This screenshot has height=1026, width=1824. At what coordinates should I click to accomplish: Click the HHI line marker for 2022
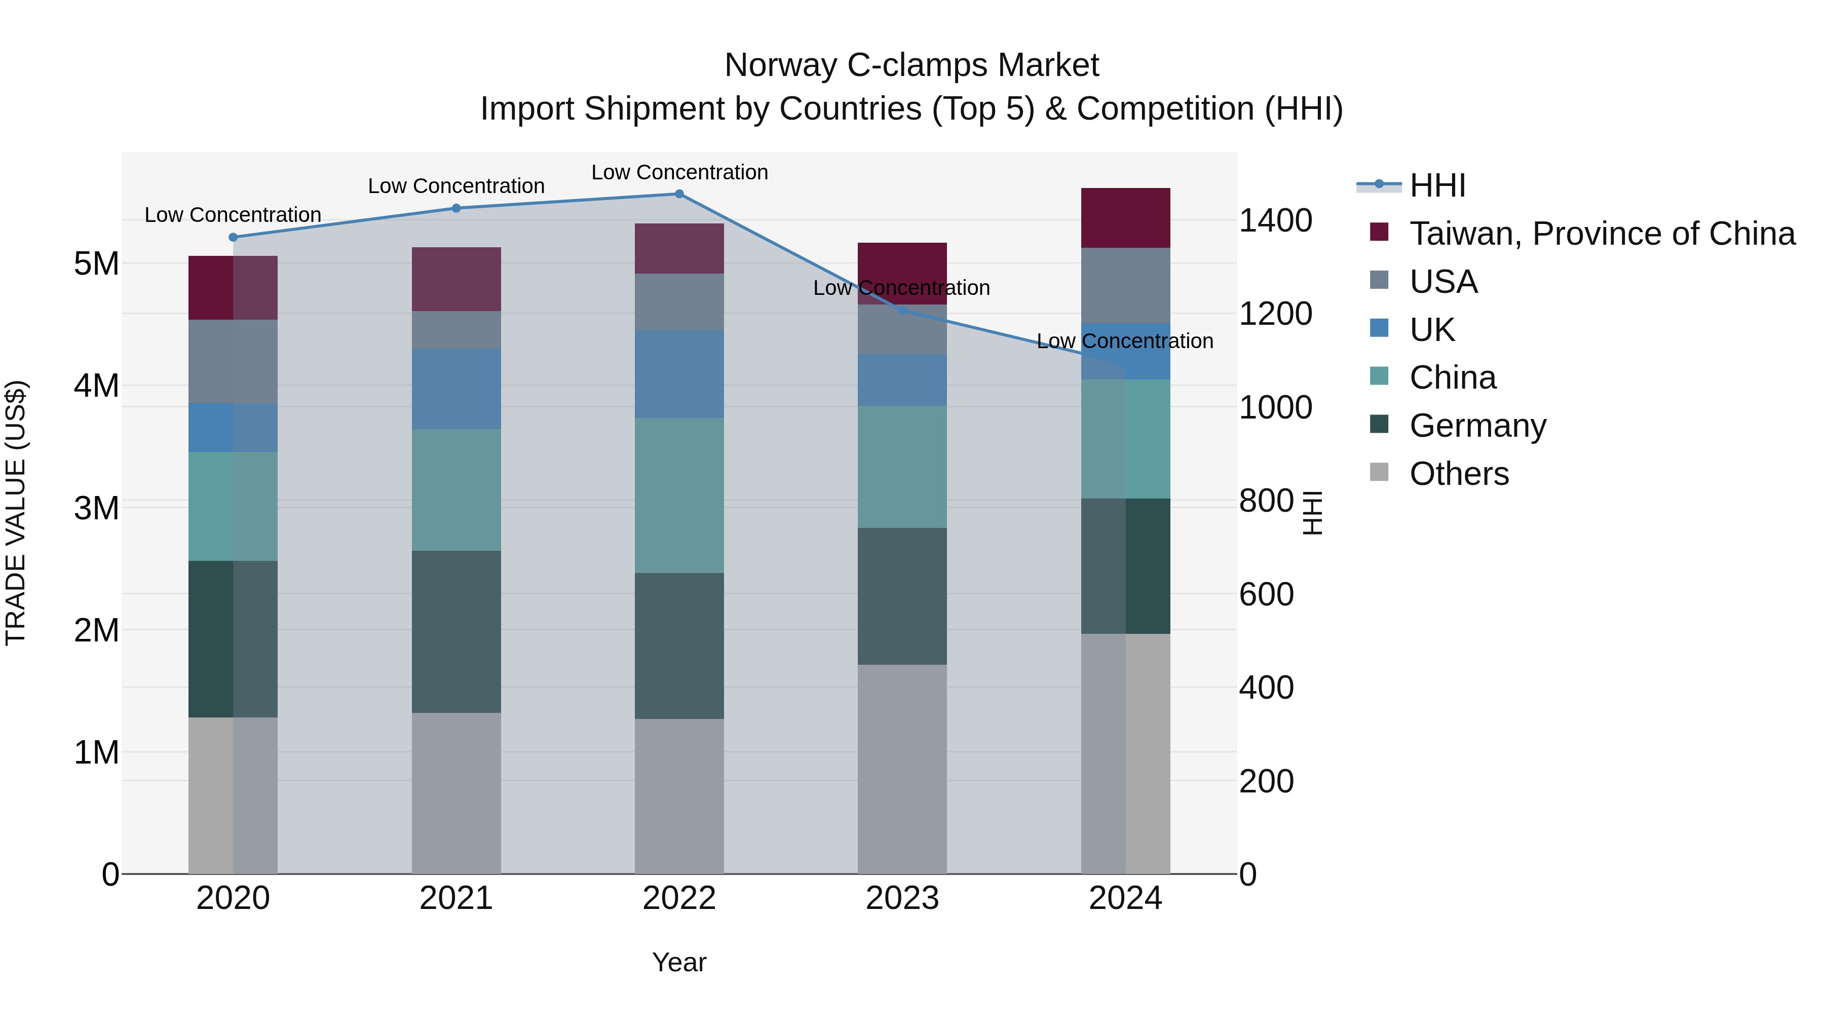coord(679,194)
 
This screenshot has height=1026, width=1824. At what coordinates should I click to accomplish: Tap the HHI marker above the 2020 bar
coord(233,237)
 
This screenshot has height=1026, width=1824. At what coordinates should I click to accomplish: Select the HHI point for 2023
coord(902,310)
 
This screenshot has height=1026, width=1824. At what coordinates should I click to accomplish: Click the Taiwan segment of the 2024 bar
coord(1125,218)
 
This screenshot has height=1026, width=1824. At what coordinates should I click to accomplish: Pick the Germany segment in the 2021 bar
coord(456,632)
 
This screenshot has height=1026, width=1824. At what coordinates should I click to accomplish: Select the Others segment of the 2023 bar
coord(902,769)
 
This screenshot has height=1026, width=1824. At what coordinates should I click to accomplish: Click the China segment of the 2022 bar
coord(679,496)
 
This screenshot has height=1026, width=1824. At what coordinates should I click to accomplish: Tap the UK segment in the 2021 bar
coord(456,389)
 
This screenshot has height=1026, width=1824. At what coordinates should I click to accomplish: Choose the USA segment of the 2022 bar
coord(679,301)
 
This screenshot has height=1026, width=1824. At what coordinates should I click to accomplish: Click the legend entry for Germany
coord(1478,426)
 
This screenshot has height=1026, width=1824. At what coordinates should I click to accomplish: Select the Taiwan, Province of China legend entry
coord(1602,234)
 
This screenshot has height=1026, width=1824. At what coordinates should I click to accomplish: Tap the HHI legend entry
coord(1437,185)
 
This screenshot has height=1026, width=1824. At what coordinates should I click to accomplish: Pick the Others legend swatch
coord(1379,472)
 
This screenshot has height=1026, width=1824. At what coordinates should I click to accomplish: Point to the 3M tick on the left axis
coord(96,508)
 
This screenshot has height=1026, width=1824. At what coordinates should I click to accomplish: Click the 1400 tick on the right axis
coord(1275,220)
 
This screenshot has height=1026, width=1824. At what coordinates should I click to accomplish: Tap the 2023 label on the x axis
coord(902,898)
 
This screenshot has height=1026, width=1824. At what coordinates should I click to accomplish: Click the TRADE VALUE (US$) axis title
coord(16,513)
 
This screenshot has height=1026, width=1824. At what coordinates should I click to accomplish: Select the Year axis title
coord(679,962)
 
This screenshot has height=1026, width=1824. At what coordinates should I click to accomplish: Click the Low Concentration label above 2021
coord(456,186)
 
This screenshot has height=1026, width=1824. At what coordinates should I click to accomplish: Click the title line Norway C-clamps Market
coord(911,65)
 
